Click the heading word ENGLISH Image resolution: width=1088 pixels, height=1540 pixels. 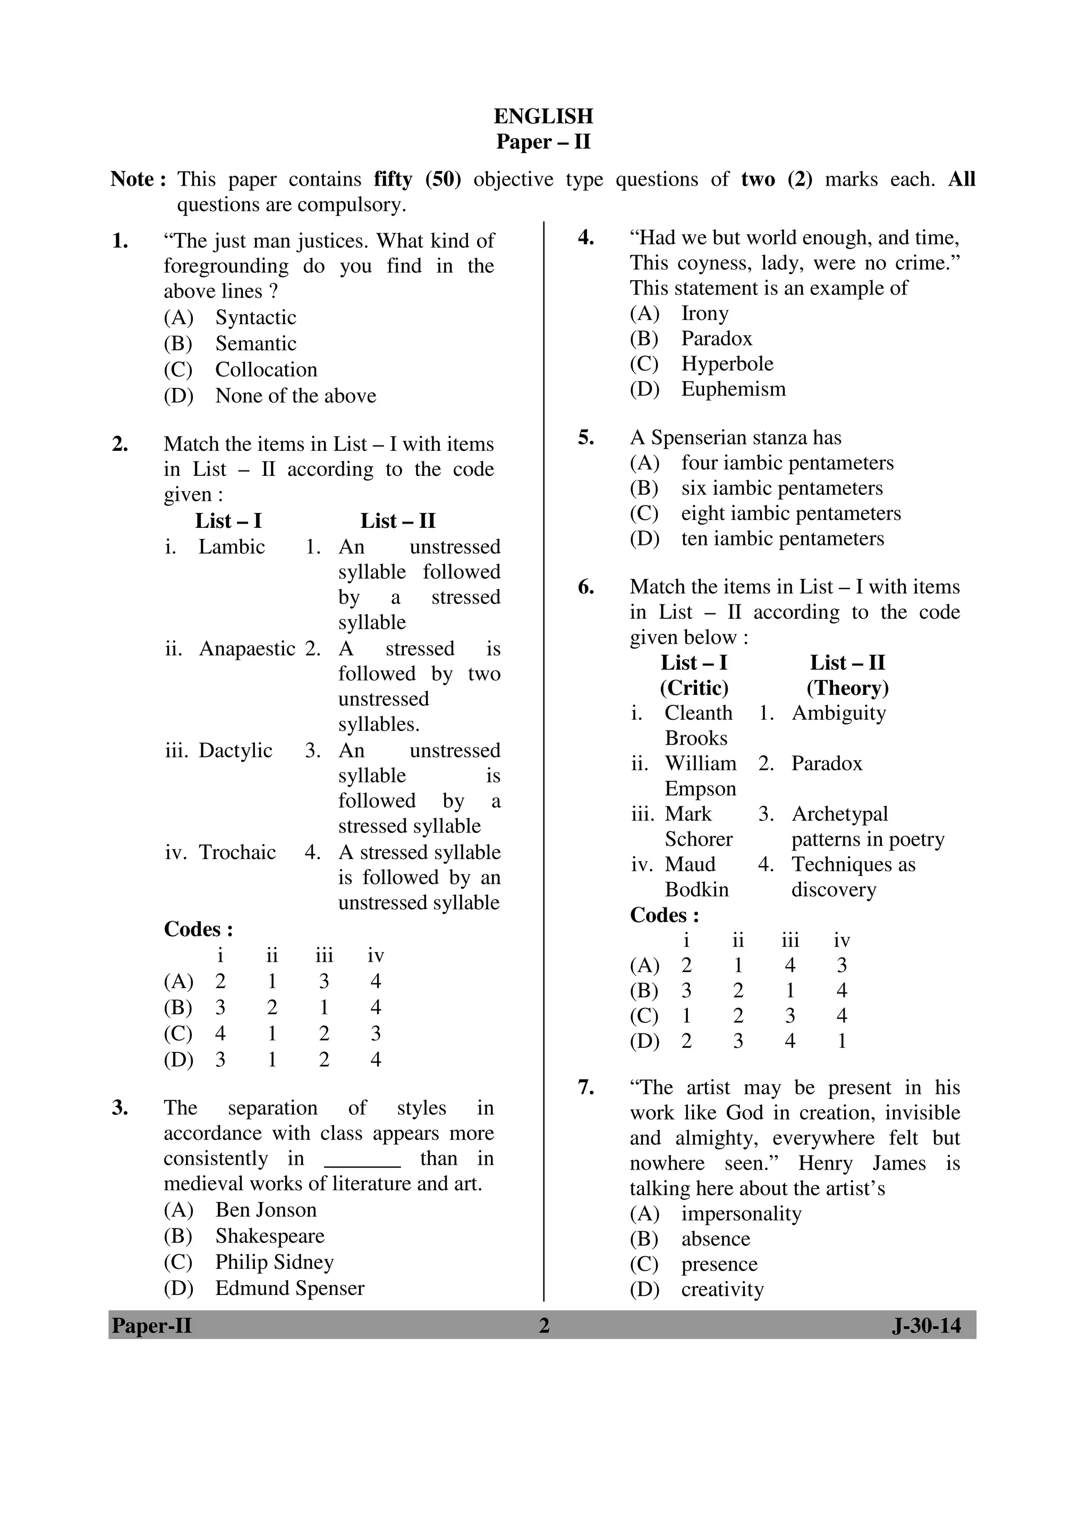click(543, 117)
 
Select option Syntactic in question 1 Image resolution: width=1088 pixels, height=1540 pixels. click(256, 317)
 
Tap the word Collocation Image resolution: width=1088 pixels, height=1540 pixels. click(266, 369)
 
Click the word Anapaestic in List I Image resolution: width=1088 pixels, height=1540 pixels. click(246, 649)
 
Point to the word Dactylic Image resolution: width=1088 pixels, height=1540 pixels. click(235, 750)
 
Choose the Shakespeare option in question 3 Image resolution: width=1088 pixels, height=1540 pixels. click(269, 1235)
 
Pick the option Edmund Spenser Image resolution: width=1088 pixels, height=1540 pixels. click(290, 1288)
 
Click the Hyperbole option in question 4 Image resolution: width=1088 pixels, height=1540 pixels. click(727, 364)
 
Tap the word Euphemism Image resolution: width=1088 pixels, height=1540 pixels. click(733, 389)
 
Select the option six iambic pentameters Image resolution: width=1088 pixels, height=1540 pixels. click(781, 489)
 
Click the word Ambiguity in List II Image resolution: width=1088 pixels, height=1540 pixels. click(839, 713)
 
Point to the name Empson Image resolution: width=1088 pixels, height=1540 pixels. click(700, 789)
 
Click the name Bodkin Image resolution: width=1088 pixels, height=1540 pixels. click(696, 889)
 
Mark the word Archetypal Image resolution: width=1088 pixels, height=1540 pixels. click(839, 814)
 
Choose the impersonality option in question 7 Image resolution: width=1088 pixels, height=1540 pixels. click(741, 1214)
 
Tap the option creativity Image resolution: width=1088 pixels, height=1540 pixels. click(722, 1289)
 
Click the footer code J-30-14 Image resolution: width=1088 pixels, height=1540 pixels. click(926, 1325)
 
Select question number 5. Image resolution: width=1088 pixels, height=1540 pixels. click(585, 438)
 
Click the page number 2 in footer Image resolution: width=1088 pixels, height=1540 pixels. click(543, 1325)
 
